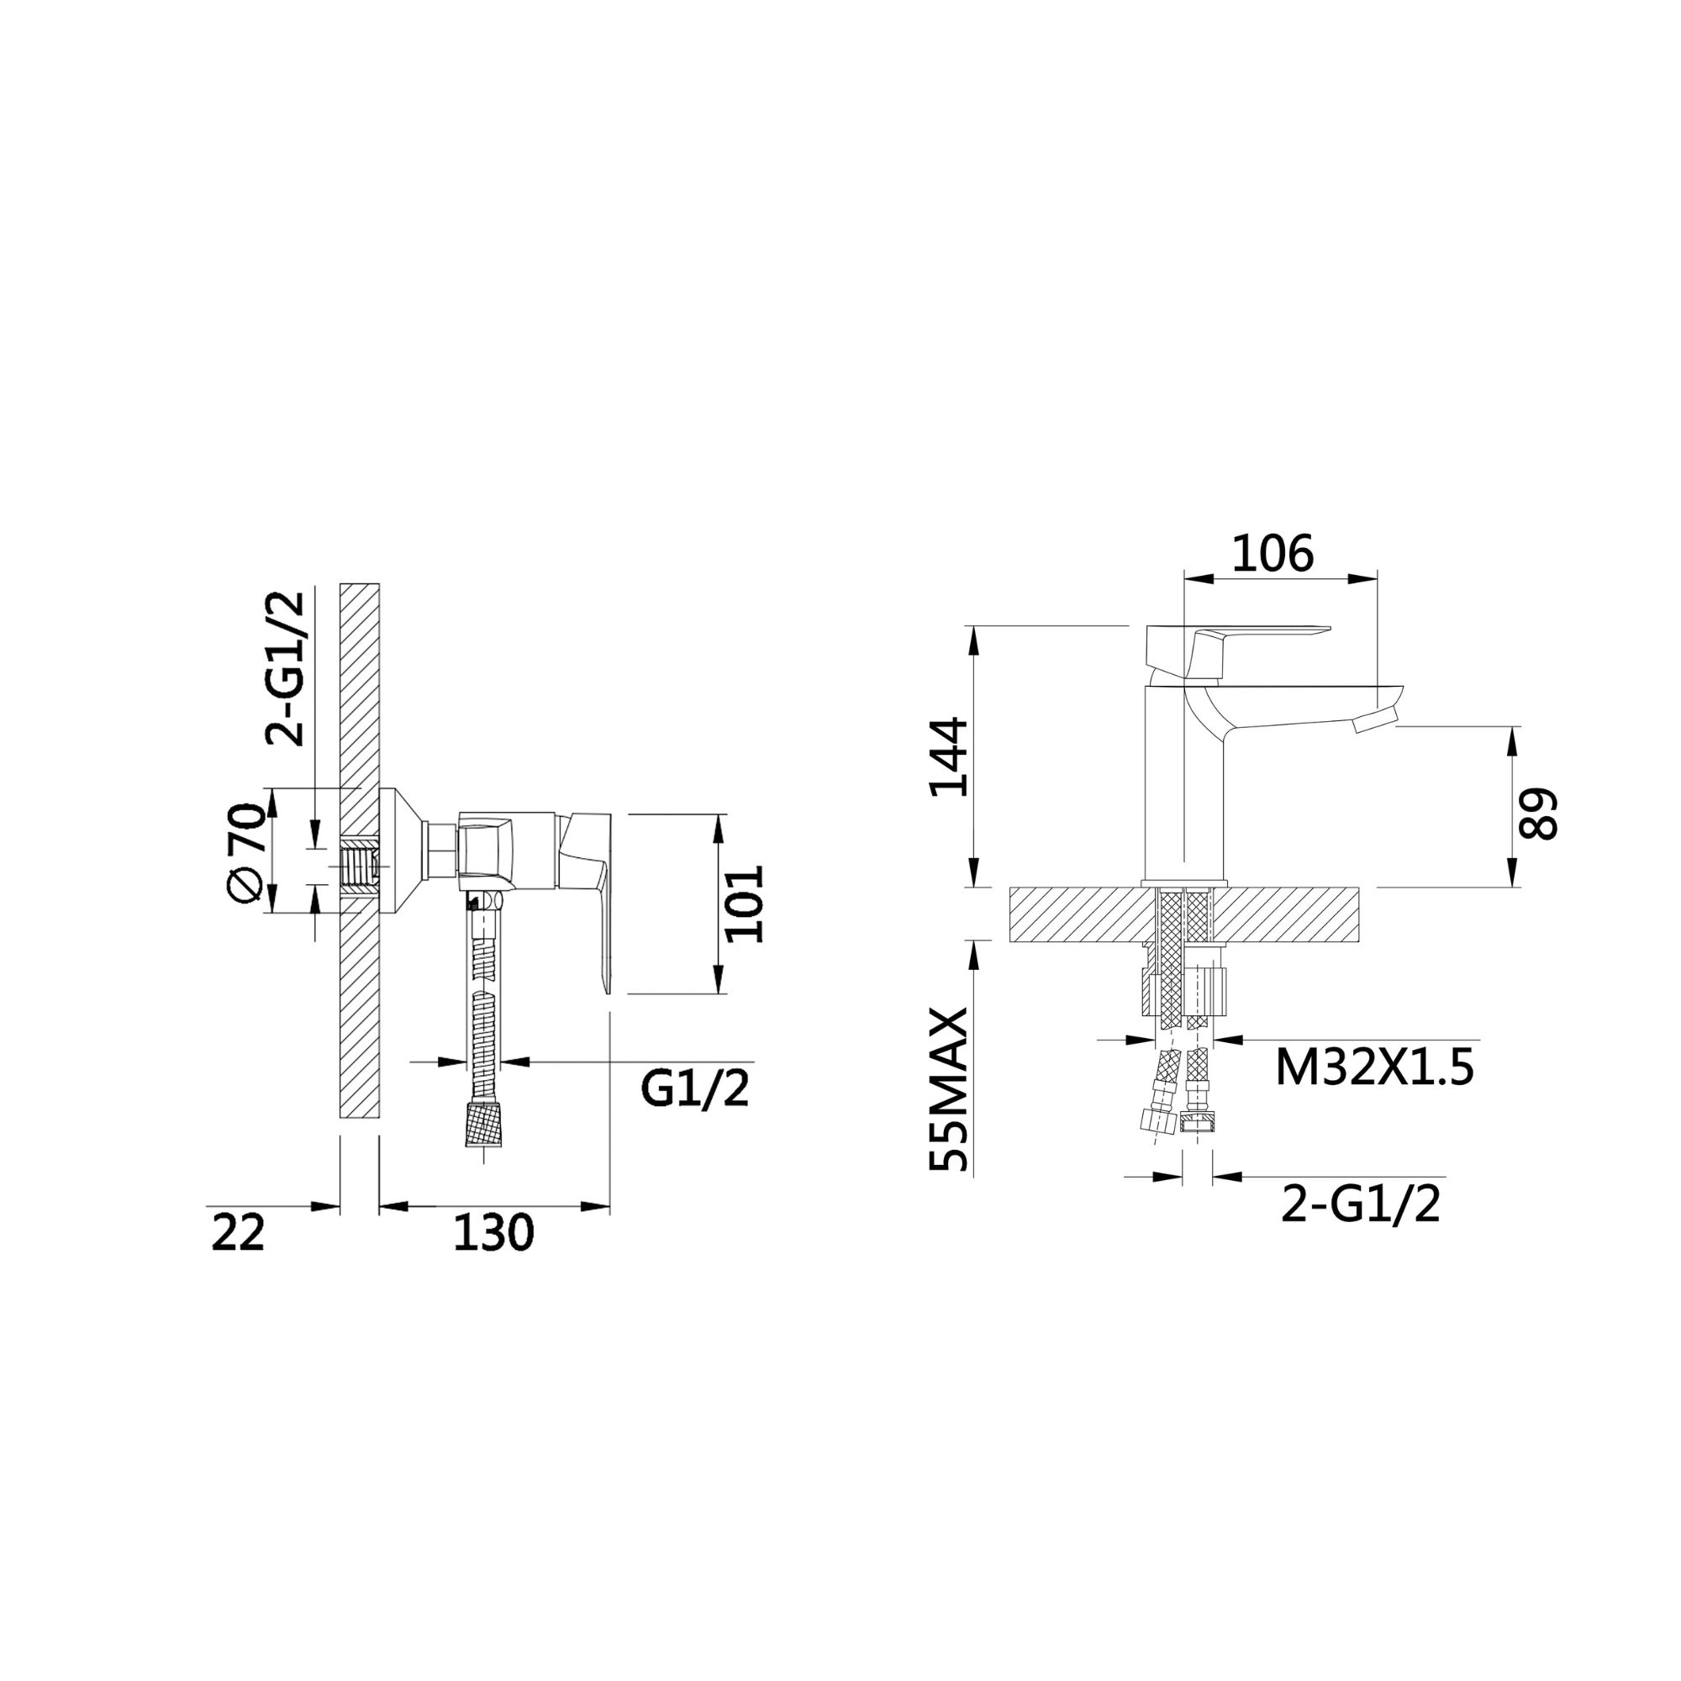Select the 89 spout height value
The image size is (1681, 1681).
1536,814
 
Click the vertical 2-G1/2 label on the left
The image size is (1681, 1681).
286,668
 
